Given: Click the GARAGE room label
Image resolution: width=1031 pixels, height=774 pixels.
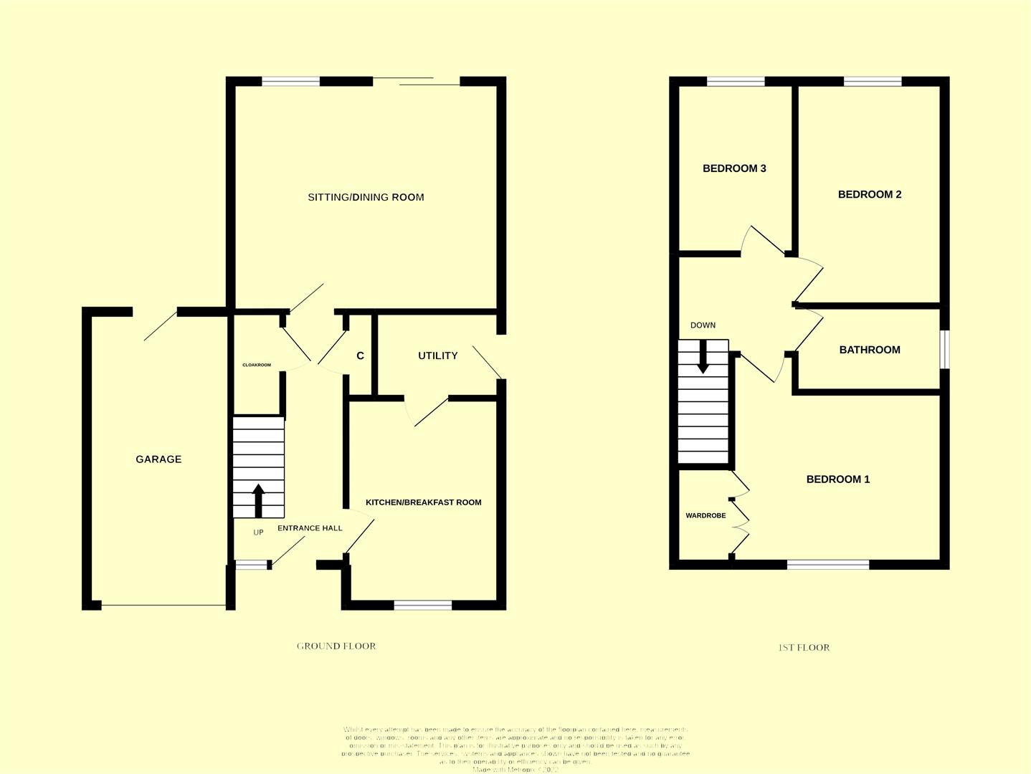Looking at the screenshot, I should (x=158, y=459).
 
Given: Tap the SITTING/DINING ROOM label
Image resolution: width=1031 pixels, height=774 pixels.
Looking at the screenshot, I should (x=366, y=197).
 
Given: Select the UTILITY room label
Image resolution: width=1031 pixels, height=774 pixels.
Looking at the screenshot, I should (x=437, y=355).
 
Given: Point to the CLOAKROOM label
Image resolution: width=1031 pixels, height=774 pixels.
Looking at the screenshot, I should (x=257, y=365).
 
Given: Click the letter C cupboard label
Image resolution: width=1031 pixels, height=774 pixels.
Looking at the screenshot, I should (x=360, y=355).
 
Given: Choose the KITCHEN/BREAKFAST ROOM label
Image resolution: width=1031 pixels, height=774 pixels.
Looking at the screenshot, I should (x=423, y=502).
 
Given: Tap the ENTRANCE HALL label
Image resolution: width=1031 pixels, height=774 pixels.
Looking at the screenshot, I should (x=310, y=528).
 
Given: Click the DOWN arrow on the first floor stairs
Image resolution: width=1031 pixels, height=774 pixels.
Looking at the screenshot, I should (x=703, y=356).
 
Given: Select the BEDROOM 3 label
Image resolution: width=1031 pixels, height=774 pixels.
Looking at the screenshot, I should (x=734, y=168).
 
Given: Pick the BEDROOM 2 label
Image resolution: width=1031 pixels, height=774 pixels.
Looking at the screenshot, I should (x=870, y=194).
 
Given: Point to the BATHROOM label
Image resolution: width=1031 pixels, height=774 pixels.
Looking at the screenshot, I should (x=870, y=350).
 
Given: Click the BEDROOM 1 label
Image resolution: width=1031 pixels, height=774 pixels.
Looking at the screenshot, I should (x=838, y=479).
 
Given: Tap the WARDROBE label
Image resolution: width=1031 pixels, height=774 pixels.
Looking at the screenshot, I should (x=705, y=515).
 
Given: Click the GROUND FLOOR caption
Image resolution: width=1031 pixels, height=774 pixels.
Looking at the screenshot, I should (x=336, y=646).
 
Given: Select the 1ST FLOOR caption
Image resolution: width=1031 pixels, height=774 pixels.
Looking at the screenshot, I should (x=804, y=647).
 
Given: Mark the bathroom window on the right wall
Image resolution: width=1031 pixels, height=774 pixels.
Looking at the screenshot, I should (x=945, y=349).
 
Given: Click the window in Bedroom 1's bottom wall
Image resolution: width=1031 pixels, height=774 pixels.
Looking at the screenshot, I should (x=828, y=565).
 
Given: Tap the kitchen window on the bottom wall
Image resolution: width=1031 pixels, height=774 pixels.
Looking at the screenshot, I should (x=423, y=606).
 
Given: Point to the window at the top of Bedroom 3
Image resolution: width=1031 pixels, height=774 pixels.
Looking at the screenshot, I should (x=736, y=82).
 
